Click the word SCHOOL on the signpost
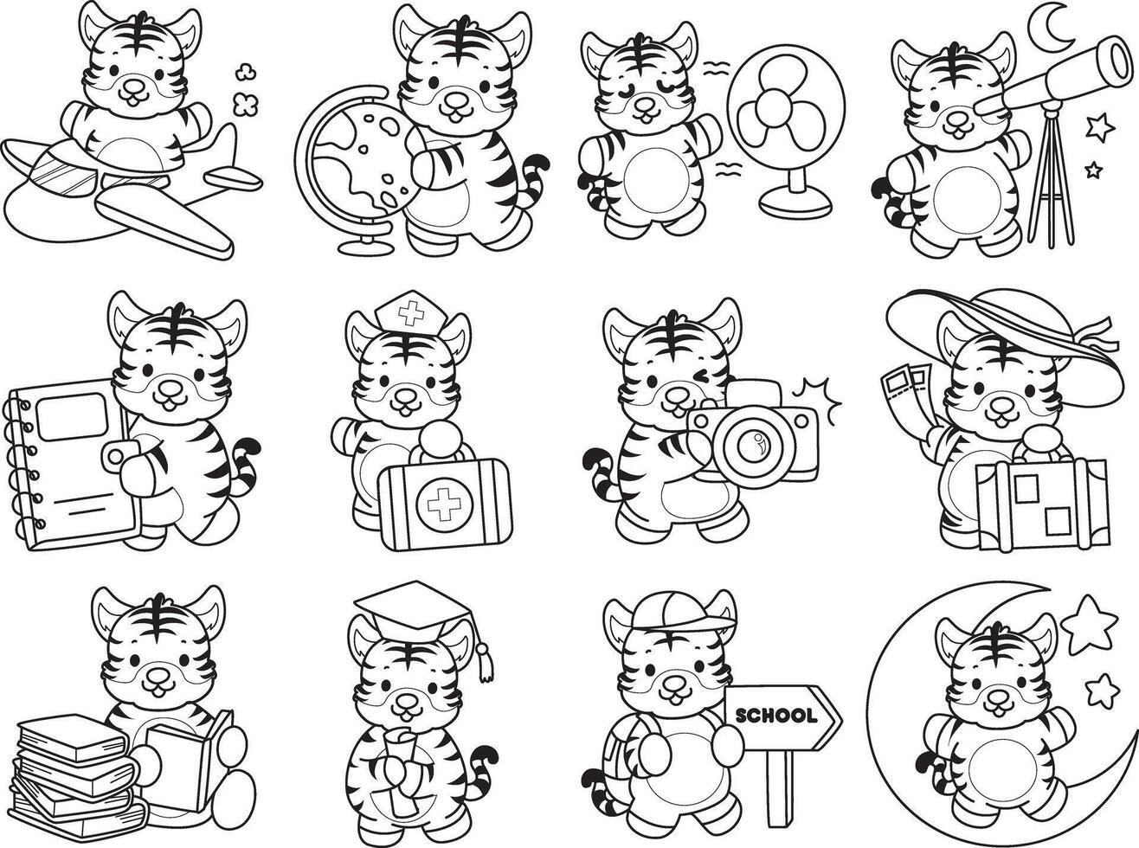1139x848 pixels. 776,716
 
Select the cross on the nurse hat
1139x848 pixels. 410,313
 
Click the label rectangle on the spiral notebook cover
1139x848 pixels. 72,416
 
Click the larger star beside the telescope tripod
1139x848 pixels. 1100,128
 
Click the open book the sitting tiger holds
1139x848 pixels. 181,759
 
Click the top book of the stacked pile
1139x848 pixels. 71,737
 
